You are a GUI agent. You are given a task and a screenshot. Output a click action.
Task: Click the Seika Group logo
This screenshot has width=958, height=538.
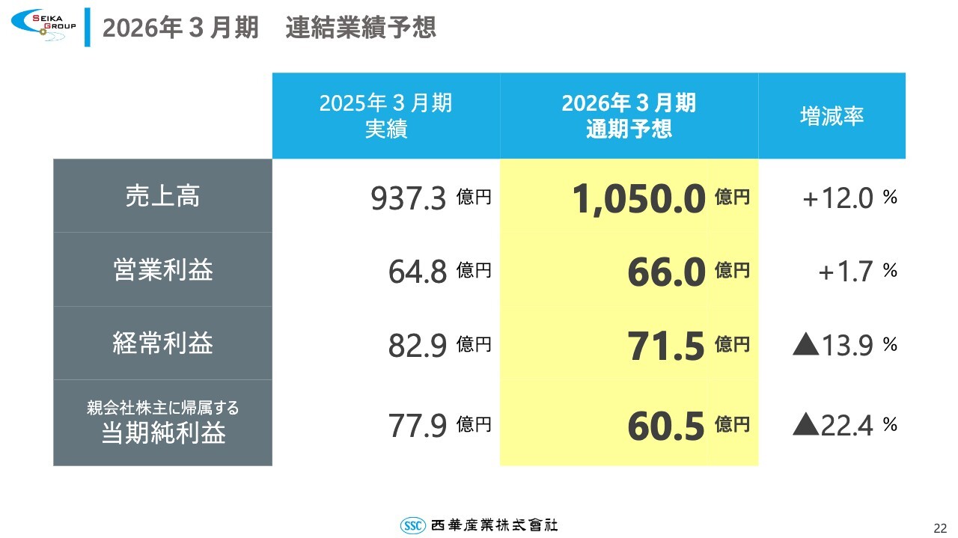pos(43,25)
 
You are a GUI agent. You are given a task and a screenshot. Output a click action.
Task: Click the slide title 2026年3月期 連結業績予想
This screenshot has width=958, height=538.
pos(269,28)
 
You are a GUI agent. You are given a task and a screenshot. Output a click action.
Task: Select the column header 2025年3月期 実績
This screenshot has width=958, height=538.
pos(385,115)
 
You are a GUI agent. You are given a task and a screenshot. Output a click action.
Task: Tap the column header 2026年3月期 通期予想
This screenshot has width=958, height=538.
pos(629,115)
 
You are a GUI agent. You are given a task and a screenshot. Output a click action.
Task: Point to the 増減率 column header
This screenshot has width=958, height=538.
pos(832,116)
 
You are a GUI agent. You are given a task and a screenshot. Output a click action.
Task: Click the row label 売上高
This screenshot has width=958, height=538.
pos(162,196)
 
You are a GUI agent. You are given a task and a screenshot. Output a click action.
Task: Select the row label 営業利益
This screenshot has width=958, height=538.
pos(162,269)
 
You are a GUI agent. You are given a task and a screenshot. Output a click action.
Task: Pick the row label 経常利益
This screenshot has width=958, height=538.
pos(162,343)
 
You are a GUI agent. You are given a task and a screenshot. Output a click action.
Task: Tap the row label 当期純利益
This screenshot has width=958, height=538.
pos(162,433)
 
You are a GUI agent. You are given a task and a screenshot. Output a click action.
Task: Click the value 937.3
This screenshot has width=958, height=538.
pos(409,199)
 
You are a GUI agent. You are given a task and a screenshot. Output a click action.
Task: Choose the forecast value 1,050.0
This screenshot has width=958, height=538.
pos(638,199)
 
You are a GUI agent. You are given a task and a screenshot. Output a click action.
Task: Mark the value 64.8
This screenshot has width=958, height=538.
pos(417,272)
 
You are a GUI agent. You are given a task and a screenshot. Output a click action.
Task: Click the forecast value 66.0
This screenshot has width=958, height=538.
pos(666,272)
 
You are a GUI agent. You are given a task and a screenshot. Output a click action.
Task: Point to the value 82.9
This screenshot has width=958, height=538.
pos(417,346)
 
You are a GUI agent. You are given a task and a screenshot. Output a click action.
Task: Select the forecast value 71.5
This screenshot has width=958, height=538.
pos(666,346)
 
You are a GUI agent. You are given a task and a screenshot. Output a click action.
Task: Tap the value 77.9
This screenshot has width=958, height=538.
pos(417,426)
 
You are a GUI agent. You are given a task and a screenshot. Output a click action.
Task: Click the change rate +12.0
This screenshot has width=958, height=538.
pos(838,199)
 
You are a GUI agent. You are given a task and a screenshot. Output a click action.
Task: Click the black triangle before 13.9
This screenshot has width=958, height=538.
pos(805,345)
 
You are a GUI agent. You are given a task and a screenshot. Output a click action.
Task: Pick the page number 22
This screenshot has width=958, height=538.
pos(940,526)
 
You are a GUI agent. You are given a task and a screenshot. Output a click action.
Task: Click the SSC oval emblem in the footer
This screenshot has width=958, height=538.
pos(413,525)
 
